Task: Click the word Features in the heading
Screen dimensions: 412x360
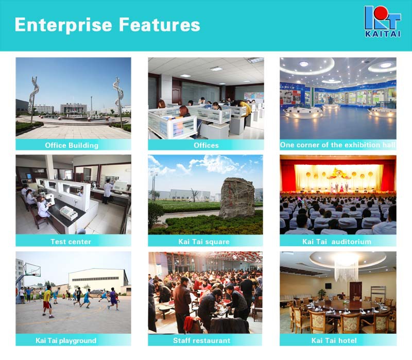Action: [160, 25]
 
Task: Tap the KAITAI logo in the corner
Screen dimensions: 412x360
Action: [383, 22]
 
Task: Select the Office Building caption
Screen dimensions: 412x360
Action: [72, 145]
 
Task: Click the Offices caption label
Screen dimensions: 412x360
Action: [206, 145]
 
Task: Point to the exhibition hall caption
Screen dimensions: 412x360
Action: [338, 145]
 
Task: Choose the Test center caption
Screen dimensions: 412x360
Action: [71, 242]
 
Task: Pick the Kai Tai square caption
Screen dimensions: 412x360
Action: [204, 242]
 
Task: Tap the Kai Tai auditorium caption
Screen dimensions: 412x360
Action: [337, 242]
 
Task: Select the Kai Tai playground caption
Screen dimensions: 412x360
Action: [66, 340]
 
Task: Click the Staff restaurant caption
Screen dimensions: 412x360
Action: [201, 340]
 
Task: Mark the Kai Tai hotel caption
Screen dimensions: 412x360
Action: [334, 340]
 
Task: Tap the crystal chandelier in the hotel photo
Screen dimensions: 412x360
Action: [347, 268]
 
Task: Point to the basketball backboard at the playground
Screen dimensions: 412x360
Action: [32, 270]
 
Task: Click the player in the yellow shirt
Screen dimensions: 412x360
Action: [47, 301]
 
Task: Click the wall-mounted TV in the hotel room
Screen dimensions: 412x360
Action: [328, 286]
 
